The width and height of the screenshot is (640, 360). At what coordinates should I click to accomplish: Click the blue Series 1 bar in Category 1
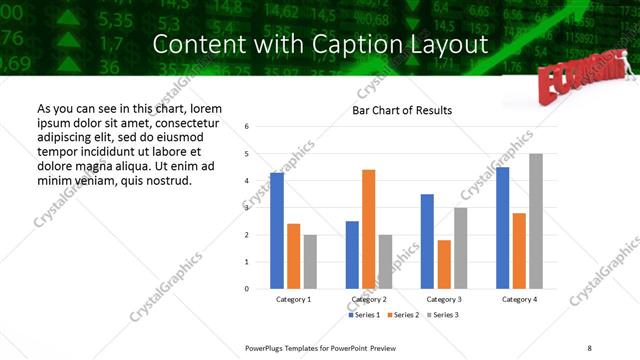point(277,230)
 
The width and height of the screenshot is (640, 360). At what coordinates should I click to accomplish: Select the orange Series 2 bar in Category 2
point(368,229)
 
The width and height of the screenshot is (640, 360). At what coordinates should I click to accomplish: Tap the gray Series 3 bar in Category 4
point(536,221)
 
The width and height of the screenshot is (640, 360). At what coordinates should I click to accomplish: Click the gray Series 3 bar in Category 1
point(310,261)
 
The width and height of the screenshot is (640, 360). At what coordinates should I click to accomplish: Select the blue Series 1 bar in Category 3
point(427,241)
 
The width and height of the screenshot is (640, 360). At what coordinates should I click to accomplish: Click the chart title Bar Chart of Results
point(402,110)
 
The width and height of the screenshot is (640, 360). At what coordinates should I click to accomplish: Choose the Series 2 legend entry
point(402,315)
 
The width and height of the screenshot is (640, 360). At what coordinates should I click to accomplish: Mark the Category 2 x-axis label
point(369,300)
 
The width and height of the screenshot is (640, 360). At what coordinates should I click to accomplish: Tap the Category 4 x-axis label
point(519,300)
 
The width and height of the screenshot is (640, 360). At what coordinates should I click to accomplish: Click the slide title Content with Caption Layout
point(320,45)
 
